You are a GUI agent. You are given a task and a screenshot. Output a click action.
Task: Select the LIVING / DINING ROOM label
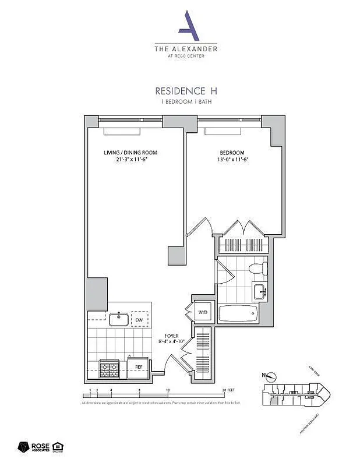tap(130, 153)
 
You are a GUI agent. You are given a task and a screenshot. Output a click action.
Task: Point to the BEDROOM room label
tap(232, 153)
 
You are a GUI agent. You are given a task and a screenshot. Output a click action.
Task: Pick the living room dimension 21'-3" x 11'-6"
tap(130, 160)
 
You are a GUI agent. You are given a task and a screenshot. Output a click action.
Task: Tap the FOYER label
tap(171, 336)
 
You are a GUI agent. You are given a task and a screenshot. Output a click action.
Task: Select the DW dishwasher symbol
tap(139, 320)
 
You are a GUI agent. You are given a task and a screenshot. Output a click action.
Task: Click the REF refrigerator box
tap(139, 366)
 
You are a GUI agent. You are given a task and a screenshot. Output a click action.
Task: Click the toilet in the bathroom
tap(257, 269)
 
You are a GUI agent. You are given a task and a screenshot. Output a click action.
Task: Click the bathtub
tap(238, 315)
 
